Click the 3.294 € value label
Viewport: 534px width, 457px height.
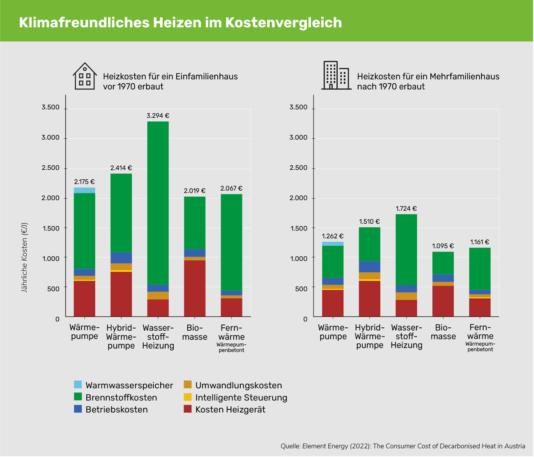[x=158, y=116]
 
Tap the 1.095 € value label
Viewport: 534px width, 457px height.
[x=443, y=246]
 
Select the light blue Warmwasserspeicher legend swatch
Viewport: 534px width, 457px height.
[x=78, y=385]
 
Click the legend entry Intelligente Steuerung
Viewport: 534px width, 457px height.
[x=241, y=397]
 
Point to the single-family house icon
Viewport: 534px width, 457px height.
[x=84, y=76]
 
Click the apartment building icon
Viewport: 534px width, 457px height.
[x=336, y=76]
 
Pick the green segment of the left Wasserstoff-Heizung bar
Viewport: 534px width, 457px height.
[x=158, y=202]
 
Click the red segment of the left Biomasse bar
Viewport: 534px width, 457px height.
[x=195, y=288]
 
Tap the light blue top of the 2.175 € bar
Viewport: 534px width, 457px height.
[x=84, y=190]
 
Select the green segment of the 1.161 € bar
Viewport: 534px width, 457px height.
[x=479, y=269]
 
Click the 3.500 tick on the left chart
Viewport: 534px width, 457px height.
[x=51, y=108]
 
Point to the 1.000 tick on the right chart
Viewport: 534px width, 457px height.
[x=298, y=258]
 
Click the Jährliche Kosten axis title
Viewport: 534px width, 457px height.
[x=24, y=257]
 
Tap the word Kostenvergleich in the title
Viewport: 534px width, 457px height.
[x=283, y=23]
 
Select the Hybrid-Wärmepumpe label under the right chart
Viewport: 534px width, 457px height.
[x=369, y=336]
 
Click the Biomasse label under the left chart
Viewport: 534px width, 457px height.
[x=195, y=332]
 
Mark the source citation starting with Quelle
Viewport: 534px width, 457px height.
[x=402, y=446]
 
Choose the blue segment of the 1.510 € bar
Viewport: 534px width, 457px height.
[x=369, y=267]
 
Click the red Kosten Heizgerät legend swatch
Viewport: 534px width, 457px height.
[x=187, y=409]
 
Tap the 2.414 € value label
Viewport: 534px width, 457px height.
[x=121, y=168]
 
